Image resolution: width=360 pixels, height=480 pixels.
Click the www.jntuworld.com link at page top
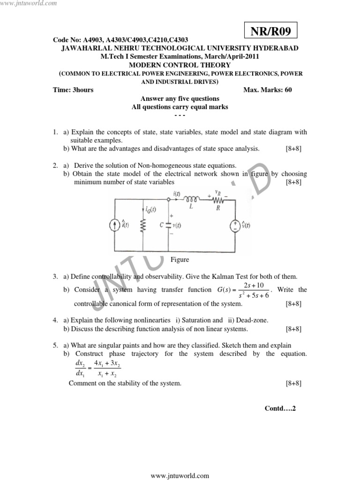(29, 4)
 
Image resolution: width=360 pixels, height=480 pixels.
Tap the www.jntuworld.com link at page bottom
(180, 475)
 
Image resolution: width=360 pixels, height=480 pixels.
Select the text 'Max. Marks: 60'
(268, 90)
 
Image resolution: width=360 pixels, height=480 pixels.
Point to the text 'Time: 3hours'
(74, 90)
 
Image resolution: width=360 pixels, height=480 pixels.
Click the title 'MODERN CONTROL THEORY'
(180, 65)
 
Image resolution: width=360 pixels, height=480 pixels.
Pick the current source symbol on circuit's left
(114, 226)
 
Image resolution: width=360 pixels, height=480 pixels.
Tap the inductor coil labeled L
(191, 199)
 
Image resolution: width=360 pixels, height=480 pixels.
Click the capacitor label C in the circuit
(161, 225)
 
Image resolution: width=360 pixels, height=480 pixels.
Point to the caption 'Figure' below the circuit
(180, 259)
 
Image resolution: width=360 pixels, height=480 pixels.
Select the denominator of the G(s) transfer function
(254, 295)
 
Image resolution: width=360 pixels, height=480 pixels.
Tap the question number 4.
(55, 320)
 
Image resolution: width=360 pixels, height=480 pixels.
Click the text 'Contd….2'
(280, 408)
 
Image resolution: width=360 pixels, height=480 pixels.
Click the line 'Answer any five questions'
(180, 98)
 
